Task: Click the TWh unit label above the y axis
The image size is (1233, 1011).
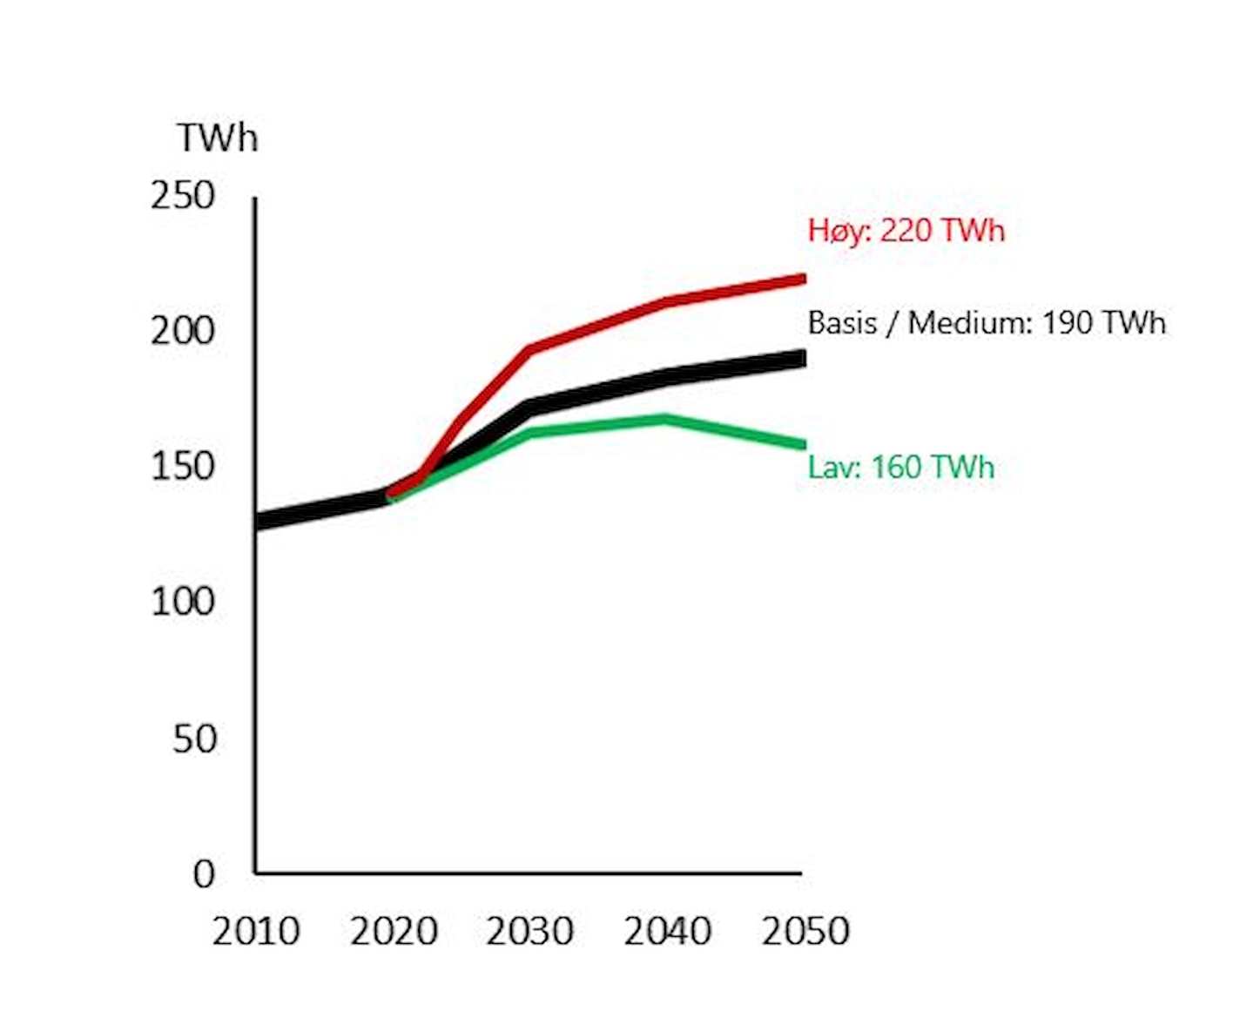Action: (x=218, y=138)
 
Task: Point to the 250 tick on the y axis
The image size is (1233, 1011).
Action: (x=183, y=195)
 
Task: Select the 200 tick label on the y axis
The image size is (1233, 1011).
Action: (x=183, y=331)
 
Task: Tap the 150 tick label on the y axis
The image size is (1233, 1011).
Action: (x=183, y=467)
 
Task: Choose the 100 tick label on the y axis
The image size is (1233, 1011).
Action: (x=183, y=602)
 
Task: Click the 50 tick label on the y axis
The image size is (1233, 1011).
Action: (x=194, y=738)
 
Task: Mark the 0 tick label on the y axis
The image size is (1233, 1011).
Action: (x=204, y=873)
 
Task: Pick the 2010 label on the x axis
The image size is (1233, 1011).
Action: (x=256, y=931)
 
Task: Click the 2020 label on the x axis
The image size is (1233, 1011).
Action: (x=394, y=931)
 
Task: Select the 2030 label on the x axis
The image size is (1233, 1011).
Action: (x=529, y=931)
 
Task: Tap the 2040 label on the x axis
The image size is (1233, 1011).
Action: (x=667, y=931)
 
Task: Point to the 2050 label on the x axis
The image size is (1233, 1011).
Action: (x=805, y=931)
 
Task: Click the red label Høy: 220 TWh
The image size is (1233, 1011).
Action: (x=906, y=231)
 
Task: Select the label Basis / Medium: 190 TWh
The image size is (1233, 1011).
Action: (x=986, y=323)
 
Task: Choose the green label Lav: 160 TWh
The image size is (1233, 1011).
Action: (x=900, y=467)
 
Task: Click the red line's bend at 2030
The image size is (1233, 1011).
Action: (x=530, y=349)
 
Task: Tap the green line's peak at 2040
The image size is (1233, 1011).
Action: (x=666, y=419)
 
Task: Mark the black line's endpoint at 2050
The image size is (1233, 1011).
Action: (x=802, y=358)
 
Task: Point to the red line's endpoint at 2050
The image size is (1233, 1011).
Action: (x=802, y=279)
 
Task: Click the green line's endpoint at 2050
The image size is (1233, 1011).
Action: (x=802, y=445)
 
